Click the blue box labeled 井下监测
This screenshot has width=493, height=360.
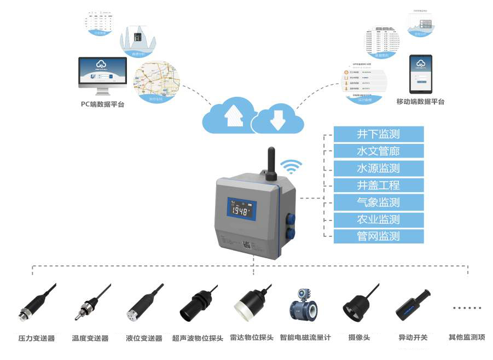coord(379,134)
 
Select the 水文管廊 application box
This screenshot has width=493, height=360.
coord(379,151)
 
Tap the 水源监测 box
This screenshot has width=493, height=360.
coord(379,168)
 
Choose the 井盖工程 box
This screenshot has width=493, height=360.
coord(379,185)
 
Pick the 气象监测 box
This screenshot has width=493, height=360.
coord(379,202)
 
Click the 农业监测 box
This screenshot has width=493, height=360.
coord(379,219)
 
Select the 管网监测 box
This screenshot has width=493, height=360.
coord(379,236)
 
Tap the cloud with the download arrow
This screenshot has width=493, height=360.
coord(277,118)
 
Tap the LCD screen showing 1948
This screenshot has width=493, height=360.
coord(241,211)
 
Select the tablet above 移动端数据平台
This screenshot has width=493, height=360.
coord(421,73)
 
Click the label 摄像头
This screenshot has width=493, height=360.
coord(359,338)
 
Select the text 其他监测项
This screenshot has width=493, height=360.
coord(467,338)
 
